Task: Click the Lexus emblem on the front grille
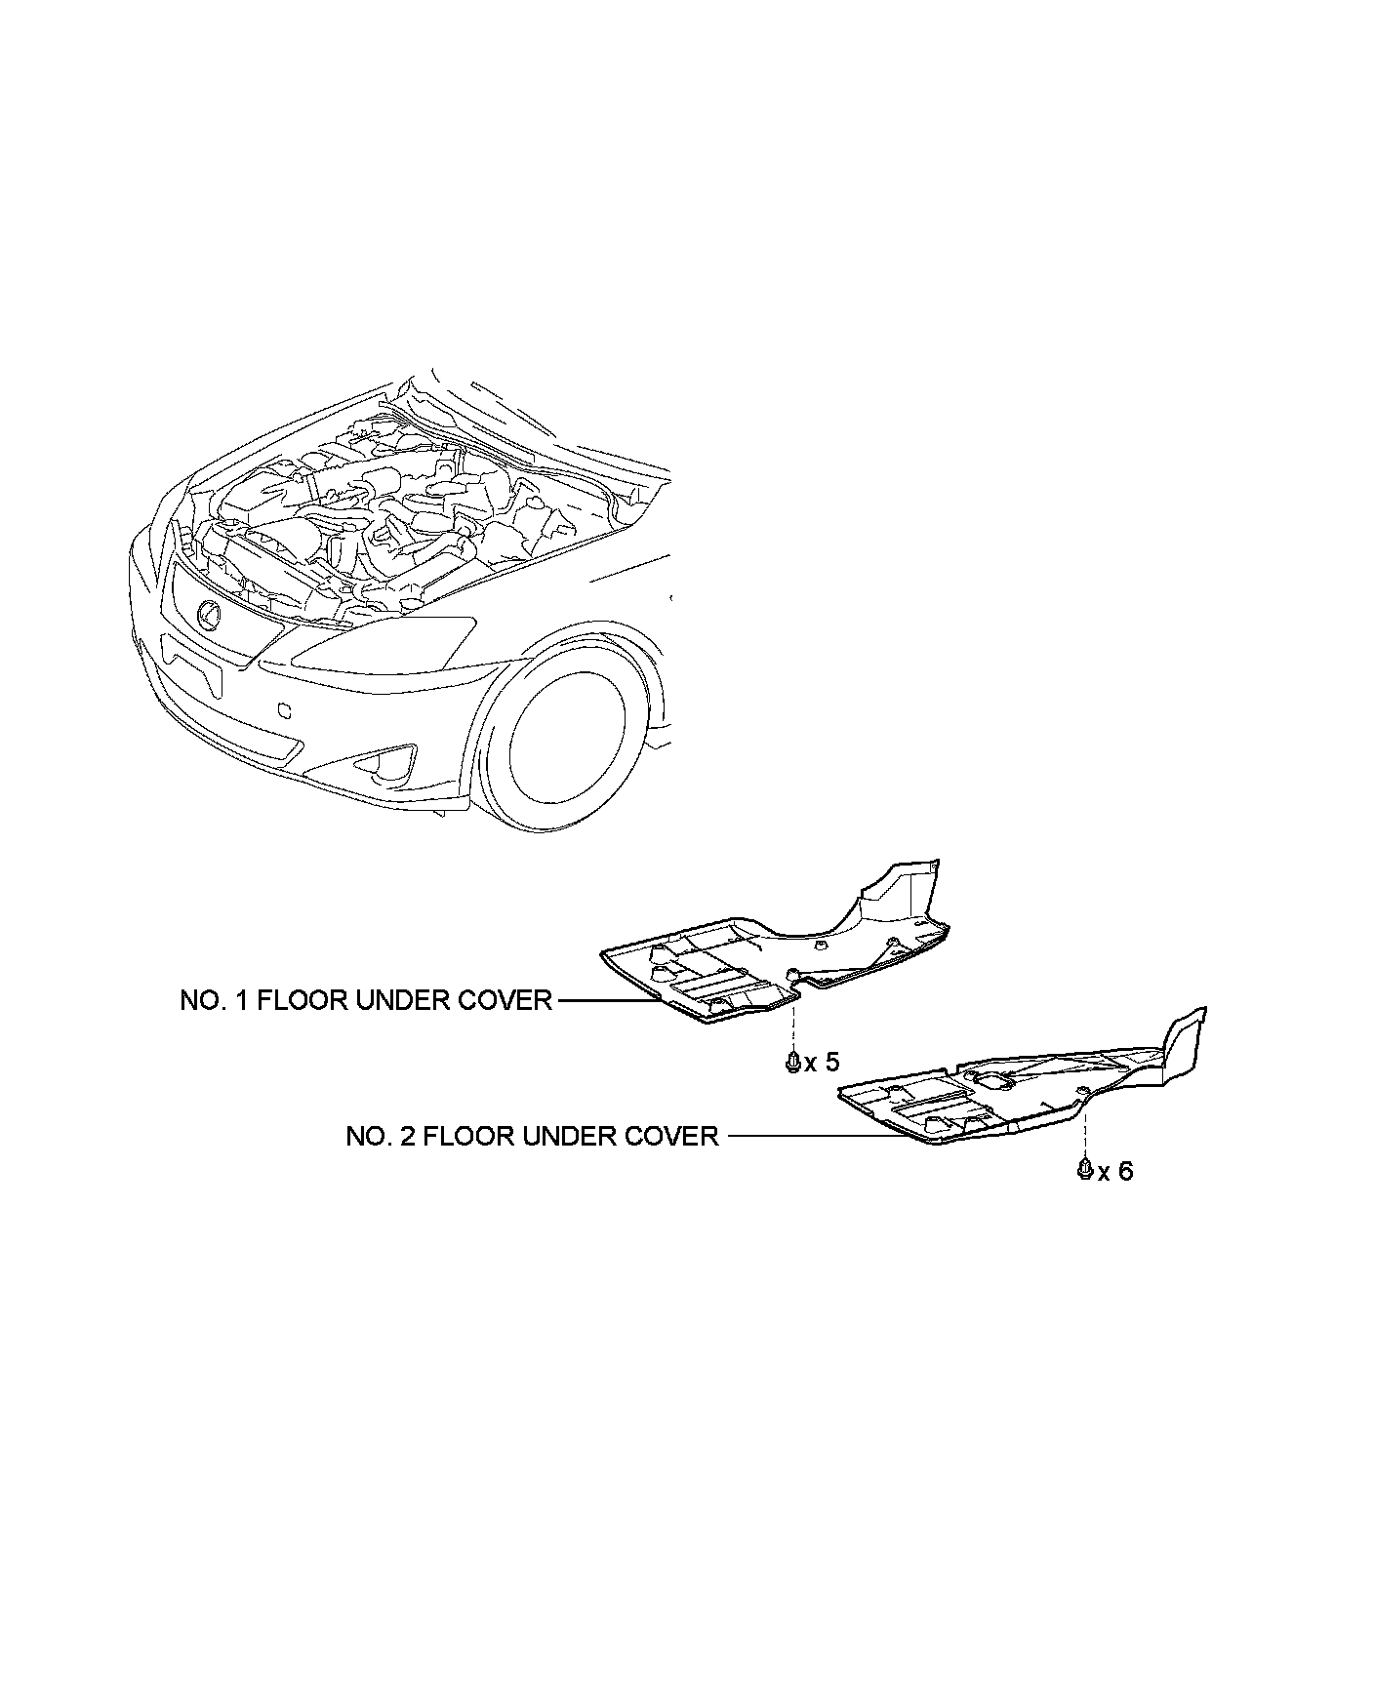tap(209, 613)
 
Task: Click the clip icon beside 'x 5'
tap(793, 1061)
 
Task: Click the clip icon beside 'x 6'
tap(1084, 1168)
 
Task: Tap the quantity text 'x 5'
tap(822, 1062)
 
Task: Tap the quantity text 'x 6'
tap(1115, 1170)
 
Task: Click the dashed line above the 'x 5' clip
tap(793, 1029)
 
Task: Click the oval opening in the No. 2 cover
tap(990, 1078)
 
